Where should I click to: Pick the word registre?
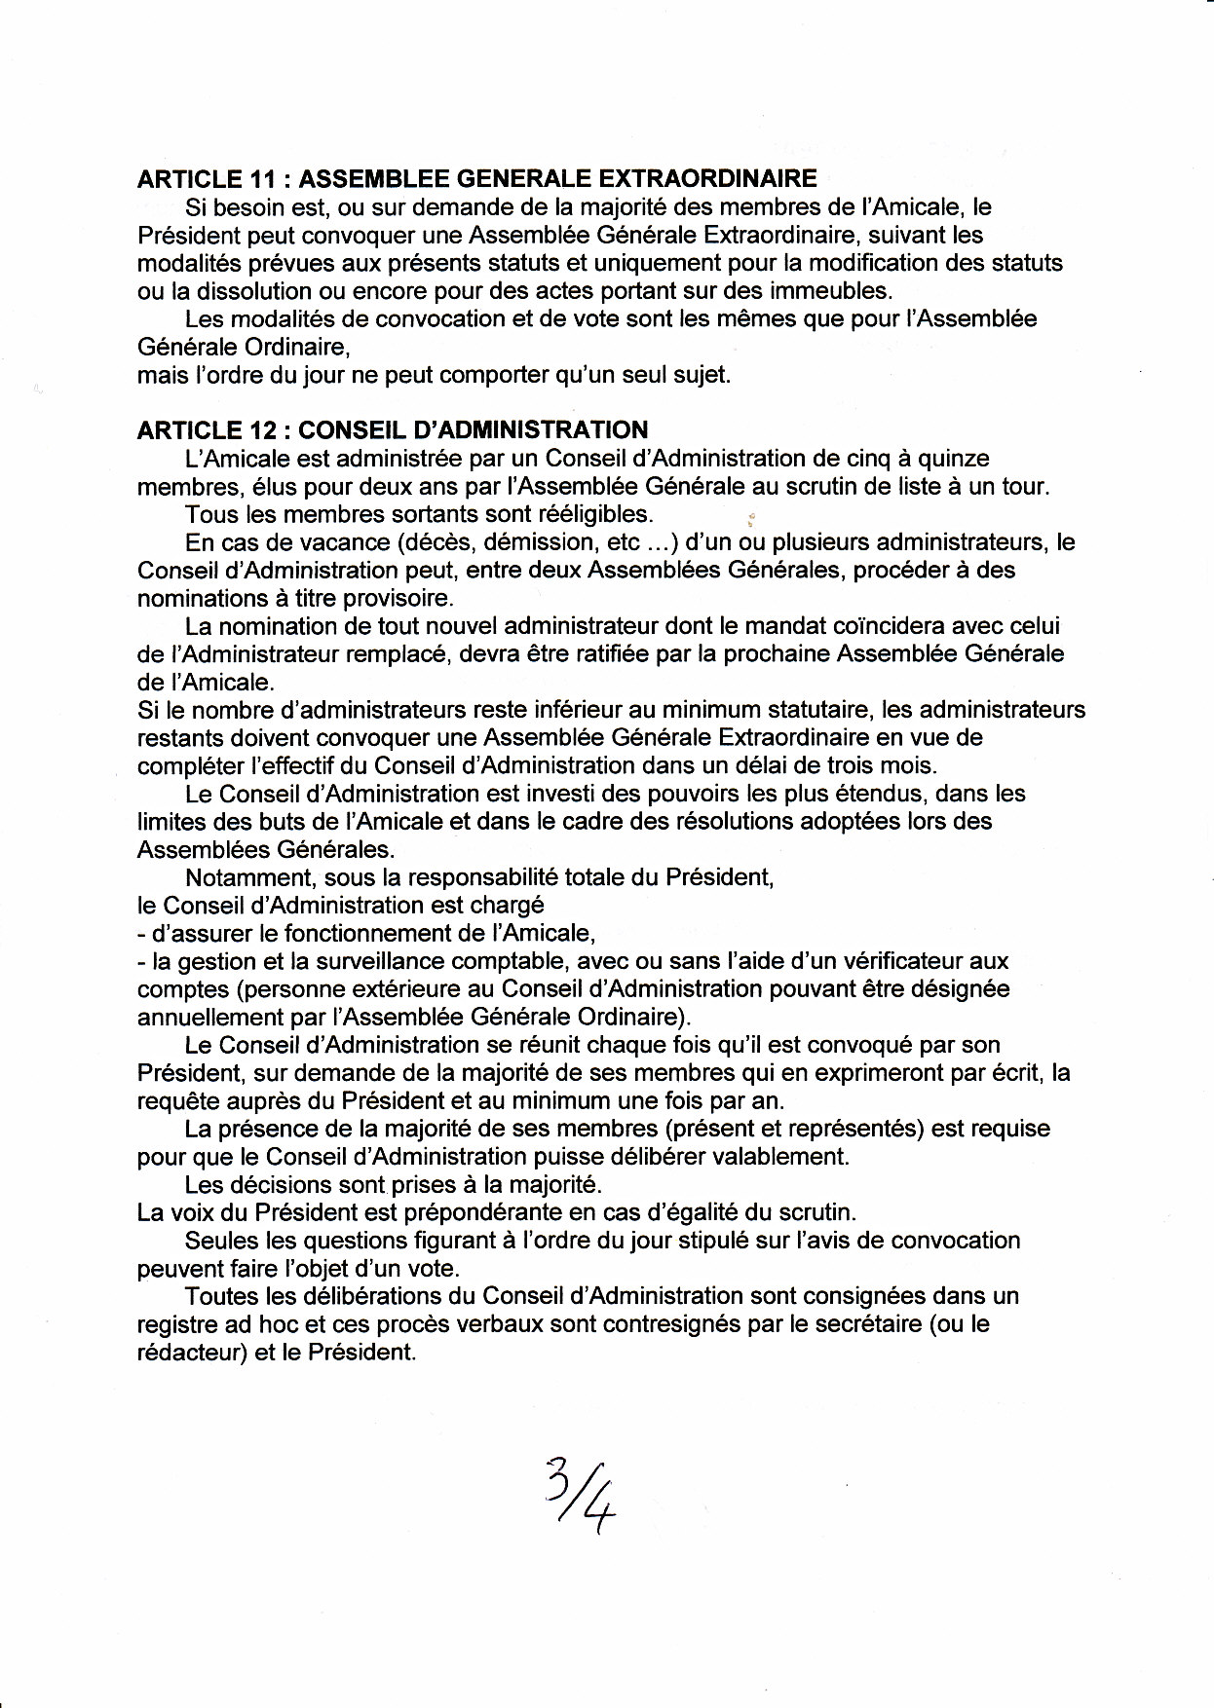click(177, 1325)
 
